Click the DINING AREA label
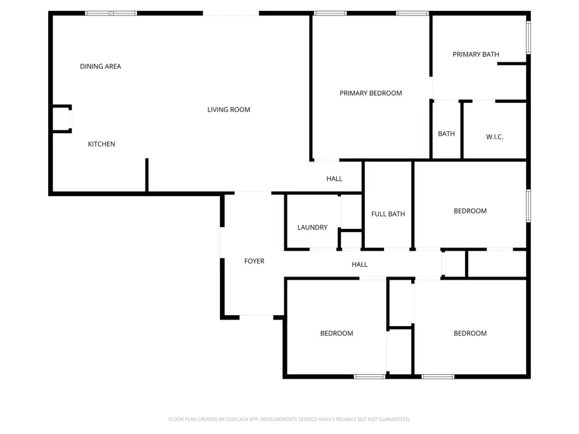click(100, 66)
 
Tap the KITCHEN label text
click(102, 144)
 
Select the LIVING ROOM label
click(228, 109)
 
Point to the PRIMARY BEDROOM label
click(371, 93)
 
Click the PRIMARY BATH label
click(475, 55)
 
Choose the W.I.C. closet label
click(494, 136)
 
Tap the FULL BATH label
click(388, 214)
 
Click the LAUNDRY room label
click(312, 228)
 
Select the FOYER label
click(254, 261)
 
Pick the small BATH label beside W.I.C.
click(446, 134)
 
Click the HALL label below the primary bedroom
click(334, 179)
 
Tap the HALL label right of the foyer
click(360, 264)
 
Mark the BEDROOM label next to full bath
click(470, 211)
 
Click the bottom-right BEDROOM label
click(470, 333)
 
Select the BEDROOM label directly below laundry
click(336, 333)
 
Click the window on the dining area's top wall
click(111, 13)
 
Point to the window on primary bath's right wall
click(528, 38)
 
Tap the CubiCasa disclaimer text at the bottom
click(289, 419)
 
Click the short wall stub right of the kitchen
click(147, 175)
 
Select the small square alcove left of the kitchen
click(61, 120)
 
